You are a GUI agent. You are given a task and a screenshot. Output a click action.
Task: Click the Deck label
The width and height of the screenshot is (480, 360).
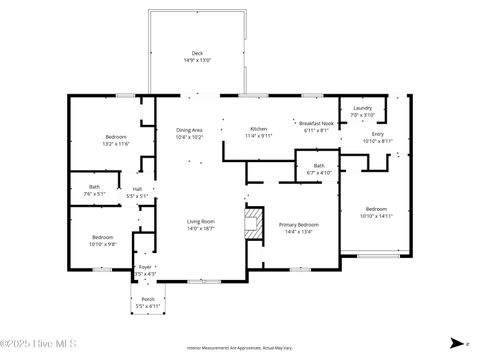point(196,56)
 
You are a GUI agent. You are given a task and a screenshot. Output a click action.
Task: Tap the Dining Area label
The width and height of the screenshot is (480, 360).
point(190,133)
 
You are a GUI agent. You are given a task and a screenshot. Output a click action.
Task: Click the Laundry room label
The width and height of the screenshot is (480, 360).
point(362,110)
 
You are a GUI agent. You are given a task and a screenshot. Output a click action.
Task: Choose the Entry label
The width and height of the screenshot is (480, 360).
point(377,136)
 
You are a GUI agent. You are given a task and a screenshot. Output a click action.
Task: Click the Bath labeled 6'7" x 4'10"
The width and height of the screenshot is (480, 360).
point(318,168)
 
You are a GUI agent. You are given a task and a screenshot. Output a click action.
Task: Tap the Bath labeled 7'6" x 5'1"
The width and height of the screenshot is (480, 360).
point(94,189)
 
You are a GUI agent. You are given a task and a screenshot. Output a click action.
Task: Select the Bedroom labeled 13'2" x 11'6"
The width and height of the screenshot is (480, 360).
point(117,140)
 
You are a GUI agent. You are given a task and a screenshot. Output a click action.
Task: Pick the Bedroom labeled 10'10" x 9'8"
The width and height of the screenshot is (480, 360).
point(103,239)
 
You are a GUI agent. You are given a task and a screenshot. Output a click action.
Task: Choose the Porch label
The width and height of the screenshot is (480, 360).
point(147,301)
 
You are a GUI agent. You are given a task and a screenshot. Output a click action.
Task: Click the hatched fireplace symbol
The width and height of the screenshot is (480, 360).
point(255,222)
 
